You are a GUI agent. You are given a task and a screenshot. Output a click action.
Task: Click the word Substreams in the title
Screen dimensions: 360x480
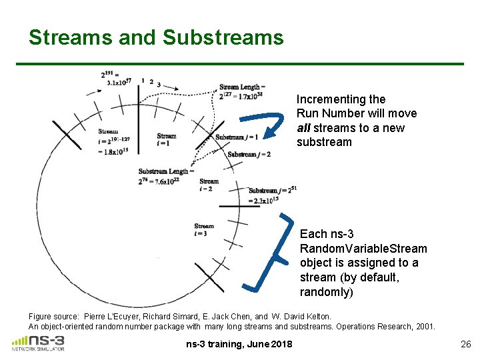pos(223,37)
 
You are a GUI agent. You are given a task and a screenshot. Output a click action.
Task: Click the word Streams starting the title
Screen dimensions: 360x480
pos(71,37)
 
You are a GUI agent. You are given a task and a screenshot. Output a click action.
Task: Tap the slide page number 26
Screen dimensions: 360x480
pos(465,344)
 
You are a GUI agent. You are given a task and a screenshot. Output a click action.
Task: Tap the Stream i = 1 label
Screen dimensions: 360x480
pos(167,139)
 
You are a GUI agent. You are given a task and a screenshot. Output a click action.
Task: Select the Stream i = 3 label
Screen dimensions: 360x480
pos(204,229)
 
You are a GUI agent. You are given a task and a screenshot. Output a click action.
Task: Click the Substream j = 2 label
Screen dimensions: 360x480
pos(249,155)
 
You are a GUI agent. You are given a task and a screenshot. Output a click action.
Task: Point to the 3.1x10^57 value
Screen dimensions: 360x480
pos(119,83)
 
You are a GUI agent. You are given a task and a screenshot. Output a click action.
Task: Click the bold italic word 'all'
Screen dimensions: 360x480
pos(304,128)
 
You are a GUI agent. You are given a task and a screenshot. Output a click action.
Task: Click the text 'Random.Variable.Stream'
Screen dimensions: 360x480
pos(363,249)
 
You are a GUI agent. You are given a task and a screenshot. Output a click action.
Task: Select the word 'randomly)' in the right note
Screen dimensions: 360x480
pos(327,292)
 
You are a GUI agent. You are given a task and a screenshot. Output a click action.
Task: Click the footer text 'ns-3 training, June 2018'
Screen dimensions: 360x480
pos(239,344)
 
